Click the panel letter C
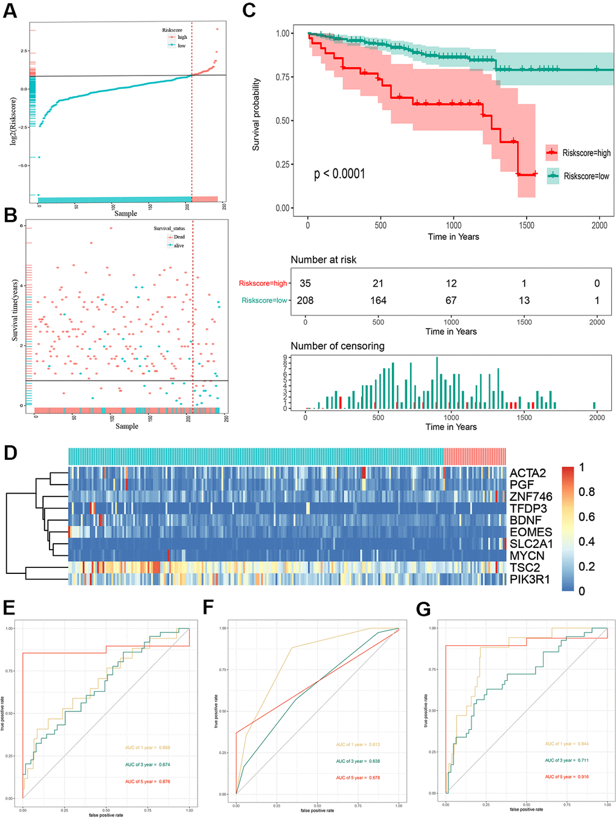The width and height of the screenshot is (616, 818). [249, 10]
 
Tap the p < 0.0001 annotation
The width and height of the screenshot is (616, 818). [339, 174]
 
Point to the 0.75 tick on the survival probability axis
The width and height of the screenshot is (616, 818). [283, 77]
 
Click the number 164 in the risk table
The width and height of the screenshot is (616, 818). [378, 300]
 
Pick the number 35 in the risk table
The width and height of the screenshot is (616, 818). [305, 283]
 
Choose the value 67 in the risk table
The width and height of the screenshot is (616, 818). [451, 300]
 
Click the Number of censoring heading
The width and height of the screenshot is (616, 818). [338, 346]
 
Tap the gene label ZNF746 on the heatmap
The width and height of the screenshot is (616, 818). [531, 497]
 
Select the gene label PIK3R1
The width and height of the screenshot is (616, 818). [530, 579]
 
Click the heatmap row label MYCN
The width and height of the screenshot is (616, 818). [527, 556]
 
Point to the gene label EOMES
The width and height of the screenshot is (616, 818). [531, 532]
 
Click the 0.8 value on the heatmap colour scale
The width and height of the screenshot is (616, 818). [586, 492]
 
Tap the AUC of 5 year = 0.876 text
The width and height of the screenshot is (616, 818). [147, 782]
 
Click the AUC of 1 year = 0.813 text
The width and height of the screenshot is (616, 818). [358, 745]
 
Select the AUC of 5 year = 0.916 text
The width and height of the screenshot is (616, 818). [566, 777]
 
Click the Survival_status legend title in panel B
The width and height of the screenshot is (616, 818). [169, 228]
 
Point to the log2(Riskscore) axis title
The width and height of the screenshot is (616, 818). [13, 121]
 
